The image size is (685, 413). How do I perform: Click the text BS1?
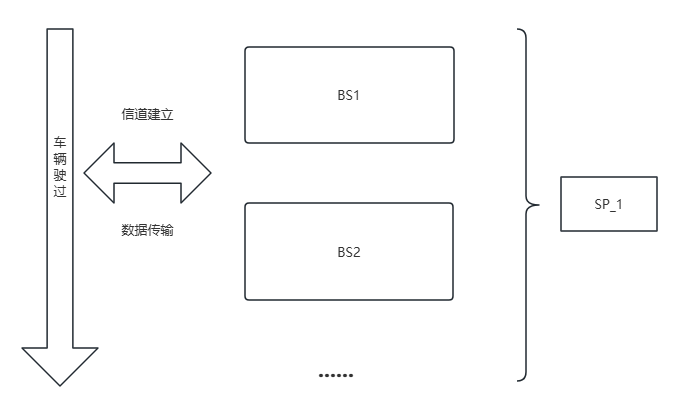[x=349, y=95]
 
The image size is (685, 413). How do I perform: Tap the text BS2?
[x=349, y=251]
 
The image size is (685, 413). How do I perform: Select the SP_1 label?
[x=608, y=204]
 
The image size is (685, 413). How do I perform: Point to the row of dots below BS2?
[x=336, y=376]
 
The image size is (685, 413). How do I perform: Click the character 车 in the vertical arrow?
[x=60, y=144]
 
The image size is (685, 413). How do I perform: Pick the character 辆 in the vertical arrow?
[x=60, y=159]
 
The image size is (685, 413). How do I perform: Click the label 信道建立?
[x=147, y=115]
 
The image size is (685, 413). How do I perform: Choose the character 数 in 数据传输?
[x=128, y=230]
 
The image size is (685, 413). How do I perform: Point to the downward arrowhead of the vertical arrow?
[x=60, y=368]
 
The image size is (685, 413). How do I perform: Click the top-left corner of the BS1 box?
[x=246, y=48]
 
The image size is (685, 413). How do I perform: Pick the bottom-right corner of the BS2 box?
[x=453, y=298]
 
